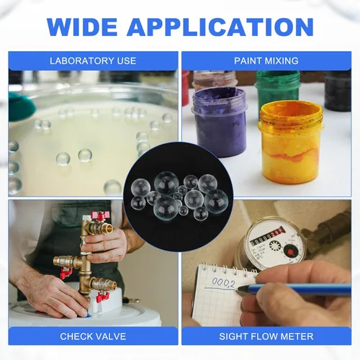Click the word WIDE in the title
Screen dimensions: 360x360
[x=82, y=27]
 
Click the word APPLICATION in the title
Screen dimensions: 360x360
[x=220, y=27]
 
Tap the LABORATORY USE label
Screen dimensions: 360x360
[x=93, y=61]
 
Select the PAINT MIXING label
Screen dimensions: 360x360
[x=266, y=61]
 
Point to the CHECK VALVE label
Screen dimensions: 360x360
[x=93, y=336]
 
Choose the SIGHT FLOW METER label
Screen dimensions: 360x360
[x=266, y=336]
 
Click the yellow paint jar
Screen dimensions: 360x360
[x=290, y=142]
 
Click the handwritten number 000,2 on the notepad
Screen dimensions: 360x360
[x=223, y=283]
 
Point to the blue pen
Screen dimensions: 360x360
[x=293, y=289]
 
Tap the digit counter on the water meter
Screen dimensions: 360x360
[x=267, y=237]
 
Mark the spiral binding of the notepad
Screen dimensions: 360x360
[x=228, y=269]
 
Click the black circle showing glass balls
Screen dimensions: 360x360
[x=178, y=197]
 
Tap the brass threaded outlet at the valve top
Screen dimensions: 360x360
[x=107, y=228]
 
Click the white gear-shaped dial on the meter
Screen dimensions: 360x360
[x=274, y=246]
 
